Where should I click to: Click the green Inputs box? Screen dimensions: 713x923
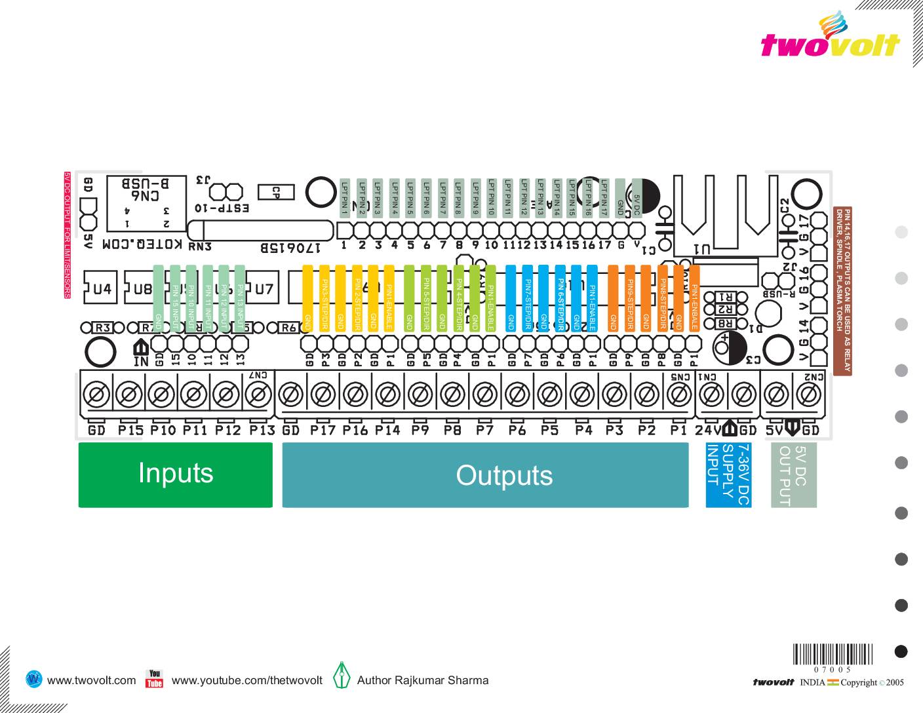tap(175, 474)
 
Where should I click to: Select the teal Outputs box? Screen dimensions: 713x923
tap(485, 474)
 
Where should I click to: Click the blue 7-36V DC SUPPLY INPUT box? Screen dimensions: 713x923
tap(727, 474)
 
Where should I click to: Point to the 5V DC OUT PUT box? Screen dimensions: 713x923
tap(793, 474)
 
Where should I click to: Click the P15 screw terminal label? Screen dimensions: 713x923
tap(130, 431)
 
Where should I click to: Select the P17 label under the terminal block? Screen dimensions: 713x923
tap(323, 431)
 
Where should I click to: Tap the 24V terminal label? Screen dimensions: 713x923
tap(708, 431)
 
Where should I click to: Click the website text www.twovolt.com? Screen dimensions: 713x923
tap(92, 680)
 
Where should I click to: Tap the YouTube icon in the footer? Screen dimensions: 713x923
tap(154, 679)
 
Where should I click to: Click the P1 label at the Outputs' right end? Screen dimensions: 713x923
tap(678, 431)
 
